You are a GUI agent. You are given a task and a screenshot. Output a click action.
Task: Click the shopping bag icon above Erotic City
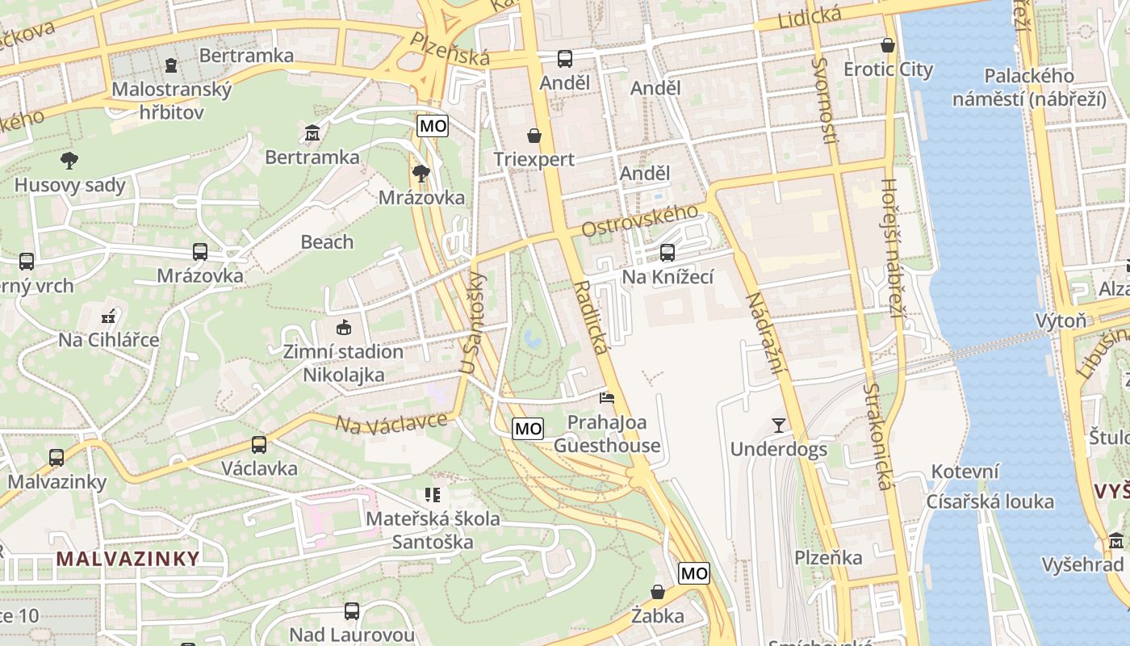click(x=888, y=45)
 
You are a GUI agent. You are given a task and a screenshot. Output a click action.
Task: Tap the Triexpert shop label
click(x=534, y=159)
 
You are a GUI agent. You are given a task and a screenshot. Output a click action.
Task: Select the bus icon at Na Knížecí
click(x=668, y=253)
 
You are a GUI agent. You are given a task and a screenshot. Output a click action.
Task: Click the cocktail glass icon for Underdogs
click(x=779, y=425)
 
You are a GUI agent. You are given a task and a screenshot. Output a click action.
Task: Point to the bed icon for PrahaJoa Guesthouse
click(x=607, y=397)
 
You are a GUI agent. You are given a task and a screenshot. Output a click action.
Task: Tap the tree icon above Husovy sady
click(x=70, y=160)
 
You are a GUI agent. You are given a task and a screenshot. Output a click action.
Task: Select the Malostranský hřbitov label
click(x=171, y=100)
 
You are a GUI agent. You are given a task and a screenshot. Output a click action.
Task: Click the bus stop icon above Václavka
click(x=258, y=444)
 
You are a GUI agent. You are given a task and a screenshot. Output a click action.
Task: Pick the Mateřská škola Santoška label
click(x=433, y=530)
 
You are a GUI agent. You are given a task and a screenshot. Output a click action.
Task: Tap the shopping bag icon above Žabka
click(x=658, y=592)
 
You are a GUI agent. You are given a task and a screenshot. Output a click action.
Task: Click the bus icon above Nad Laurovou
click(x=352, y=611)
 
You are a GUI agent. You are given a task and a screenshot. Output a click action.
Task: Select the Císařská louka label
click(x=990, y=501)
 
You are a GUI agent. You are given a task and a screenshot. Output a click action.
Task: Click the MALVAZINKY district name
click(x=128, y=558)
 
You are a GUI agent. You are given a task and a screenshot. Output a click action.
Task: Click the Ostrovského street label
click(x=639, y=221)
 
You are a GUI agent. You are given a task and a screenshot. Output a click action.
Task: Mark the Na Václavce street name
click(x=391, y=422)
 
